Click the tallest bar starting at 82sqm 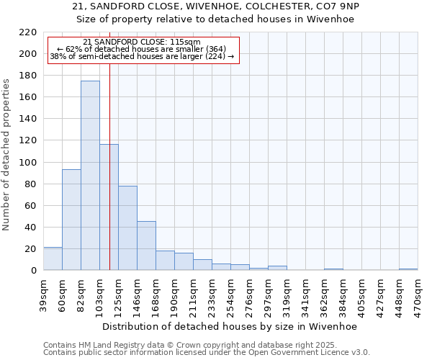pos(90,176)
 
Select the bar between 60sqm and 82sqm pos(71,220)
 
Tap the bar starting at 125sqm pos(127,228)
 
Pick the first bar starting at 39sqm pos(53,258)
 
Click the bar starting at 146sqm pos(146,246)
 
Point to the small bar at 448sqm pos(408,269)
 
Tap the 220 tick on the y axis pos(29,32)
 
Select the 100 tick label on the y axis pos(29,163)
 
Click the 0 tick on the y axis pos(34,271)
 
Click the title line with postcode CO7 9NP pos(216,6)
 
